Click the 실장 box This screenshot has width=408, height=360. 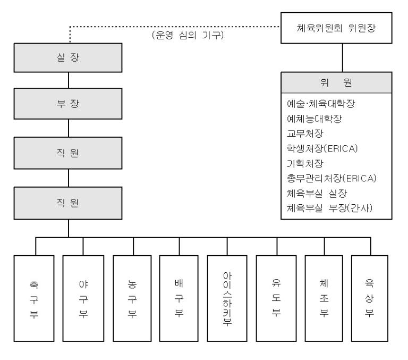[69, 58]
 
